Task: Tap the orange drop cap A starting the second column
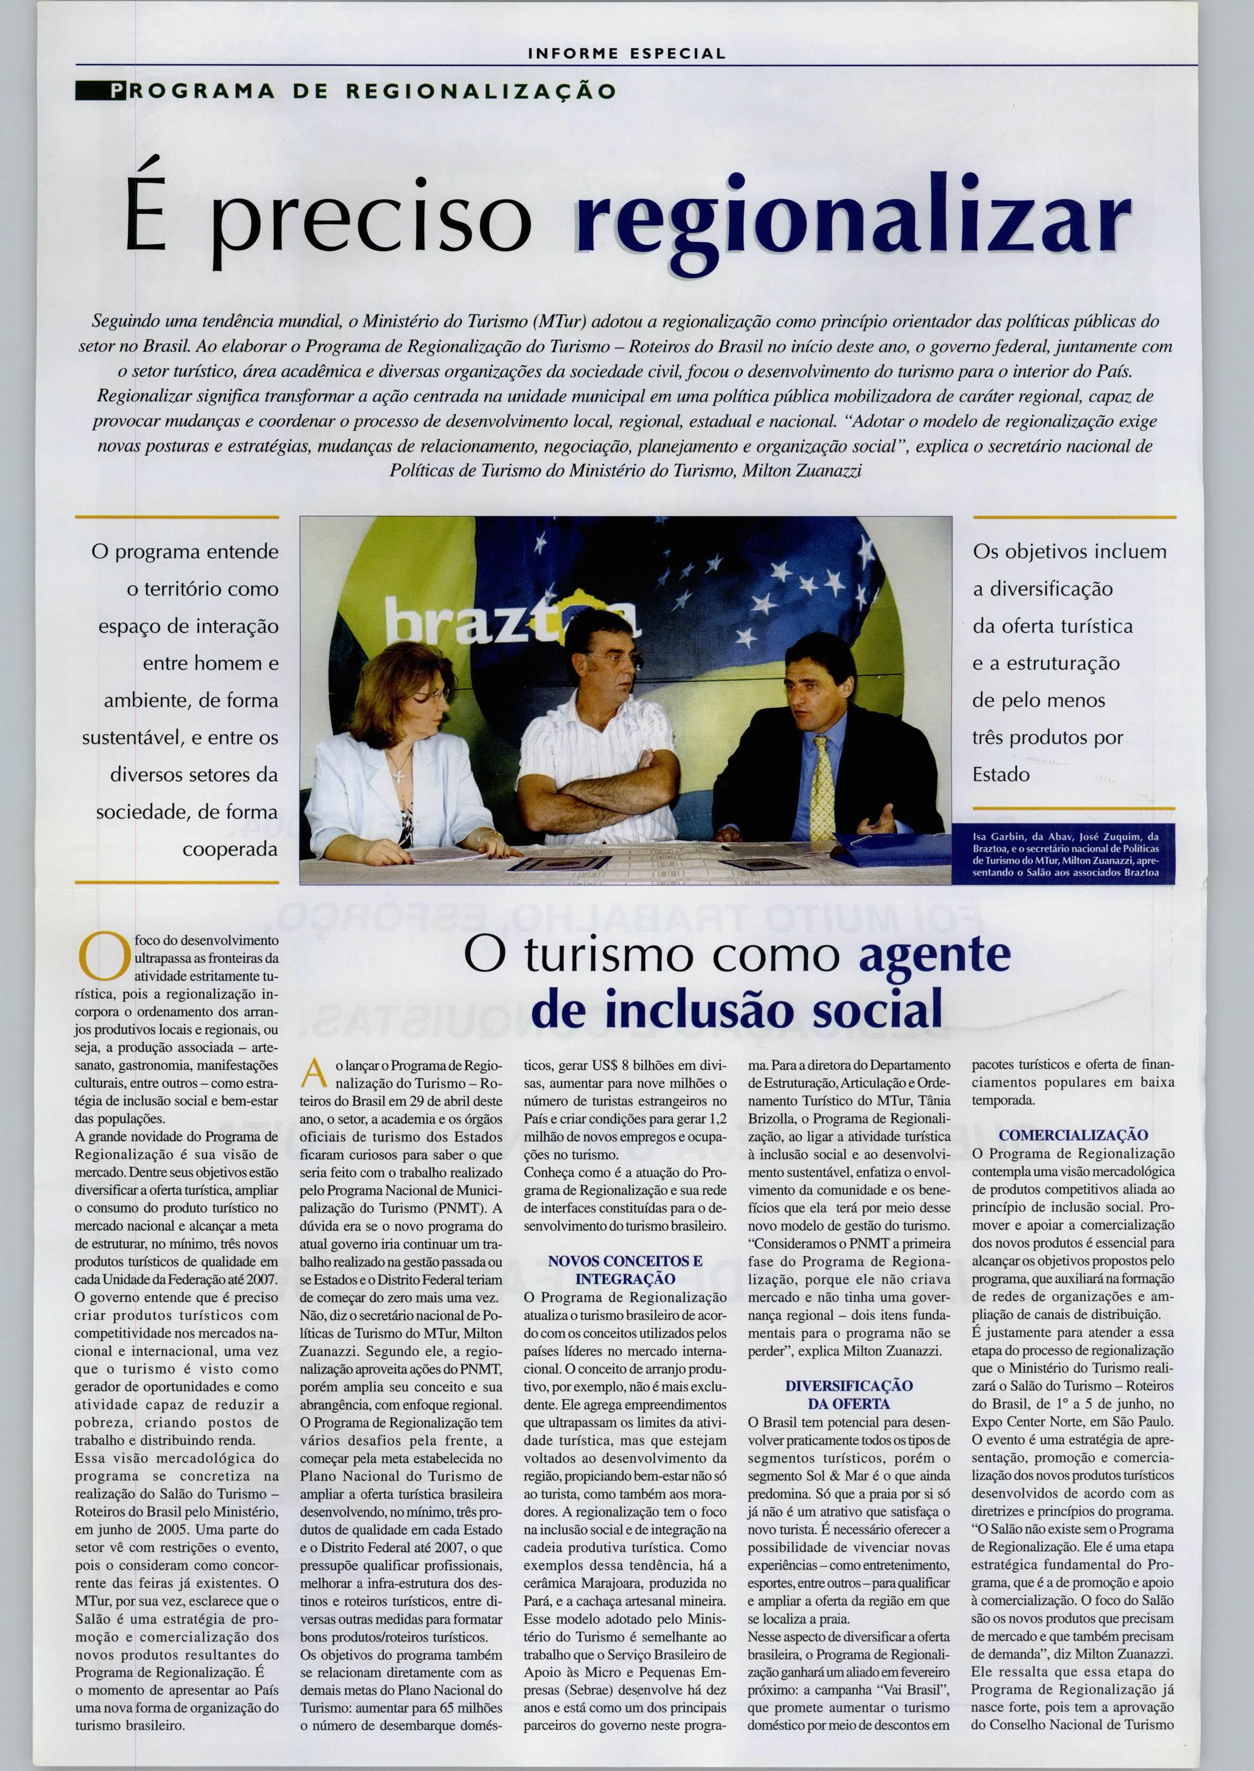(x=312, y=1073)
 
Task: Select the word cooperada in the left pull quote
(x=229, y=849)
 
